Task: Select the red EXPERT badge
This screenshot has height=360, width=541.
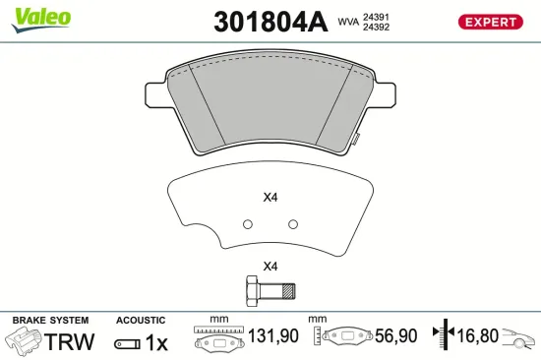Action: pos(489,22)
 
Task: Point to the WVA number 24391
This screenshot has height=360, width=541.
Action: pos(375,16)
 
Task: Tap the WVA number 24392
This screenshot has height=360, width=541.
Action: pos(375,28)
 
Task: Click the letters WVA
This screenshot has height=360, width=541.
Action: pos(347,21)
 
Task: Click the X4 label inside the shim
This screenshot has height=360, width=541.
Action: pos(270,197)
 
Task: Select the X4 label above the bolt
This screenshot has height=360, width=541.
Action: pos(270,267)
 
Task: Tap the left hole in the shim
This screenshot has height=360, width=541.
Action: pos(248,223)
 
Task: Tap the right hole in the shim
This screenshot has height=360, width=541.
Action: pos(292,223)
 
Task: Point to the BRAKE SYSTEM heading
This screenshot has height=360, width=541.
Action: pos(49,321)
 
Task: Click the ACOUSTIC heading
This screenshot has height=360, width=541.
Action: pos(142,321)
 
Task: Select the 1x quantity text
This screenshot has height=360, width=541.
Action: pos(157,342)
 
